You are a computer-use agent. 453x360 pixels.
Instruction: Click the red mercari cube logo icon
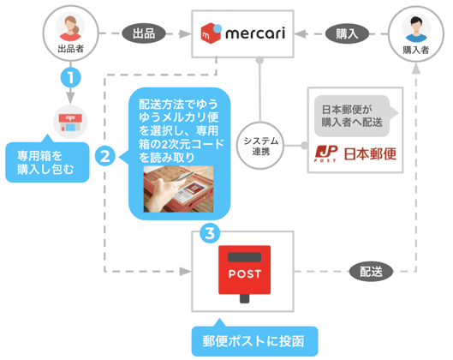click(211, 33)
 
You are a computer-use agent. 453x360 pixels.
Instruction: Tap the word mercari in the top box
click(255, 33)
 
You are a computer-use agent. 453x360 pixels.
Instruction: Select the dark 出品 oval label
click(144, 33)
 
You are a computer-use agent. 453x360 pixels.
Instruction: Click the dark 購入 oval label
click(347, 33)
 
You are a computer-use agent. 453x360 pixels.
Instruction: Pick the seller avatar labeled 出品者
click(70, 33)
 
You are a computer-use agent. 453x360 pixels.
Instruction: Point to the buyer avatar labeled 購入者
click(415, 34)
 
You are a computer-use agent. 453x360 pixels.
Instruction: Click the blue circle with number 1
click(70, 77)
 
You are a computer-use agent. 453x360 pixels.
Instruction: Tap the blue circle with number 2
click(105, 156)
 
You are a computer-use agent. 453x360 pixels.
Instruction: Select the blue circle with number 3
click(210, 233)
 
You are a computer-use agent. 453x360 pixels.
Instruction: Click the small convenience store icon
click(70, 122)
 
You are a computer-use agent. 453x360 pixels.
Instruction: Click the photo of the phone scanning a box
click(178, 189)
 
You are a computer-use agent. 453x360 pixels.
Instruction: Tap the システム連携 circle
click(260, 146)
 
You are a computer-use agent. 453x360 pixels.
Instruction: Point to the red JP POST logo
click(326, 153)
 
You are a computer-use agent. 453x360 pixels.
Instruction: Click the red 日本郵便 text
click(370, 153)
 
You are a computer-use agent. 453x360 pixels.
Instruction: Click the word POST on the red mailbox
click(245, 273)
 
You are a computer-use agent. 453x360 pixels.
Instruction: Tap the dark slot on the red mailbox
click(244, 257)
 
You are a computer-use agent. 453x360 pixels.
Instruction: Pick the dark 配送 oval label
click(371, 272)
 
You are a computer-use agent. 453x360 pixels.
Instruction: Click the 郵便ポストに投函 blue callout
click(254, 340)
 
